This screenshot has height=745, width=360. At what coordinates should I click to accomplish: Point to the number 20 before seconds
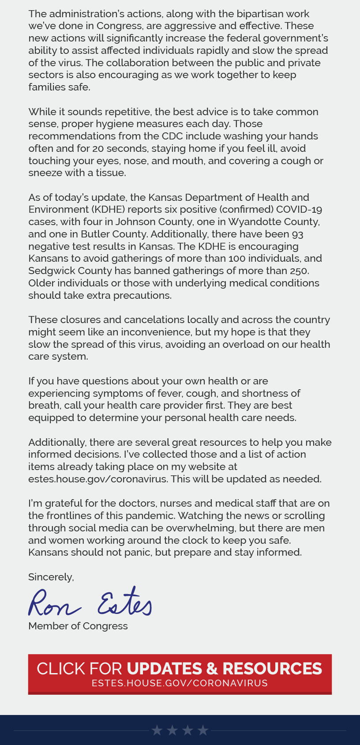[x=98, y=148]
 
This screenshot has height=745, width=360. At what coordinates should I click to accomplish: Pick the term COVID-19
[x=299, y=209]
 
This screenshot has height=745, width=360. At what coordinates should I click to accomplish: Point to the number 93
[x=297, y=234]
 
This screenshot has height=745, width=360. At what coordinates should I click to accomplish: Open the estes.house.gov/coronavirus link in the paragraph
[x=98, y=479]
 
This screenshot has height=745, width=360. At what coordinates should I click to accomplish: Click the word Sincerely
[x=51, y=577]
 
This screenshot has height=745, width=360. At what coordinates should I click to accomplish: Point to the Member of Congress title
[x=78, y=626]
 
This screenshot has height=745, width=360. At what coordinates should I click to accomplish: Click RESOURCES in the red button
[x=272, y=669]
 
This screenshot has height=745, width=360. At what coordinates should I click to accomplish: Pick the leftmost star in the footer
[x=157, y=730]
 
